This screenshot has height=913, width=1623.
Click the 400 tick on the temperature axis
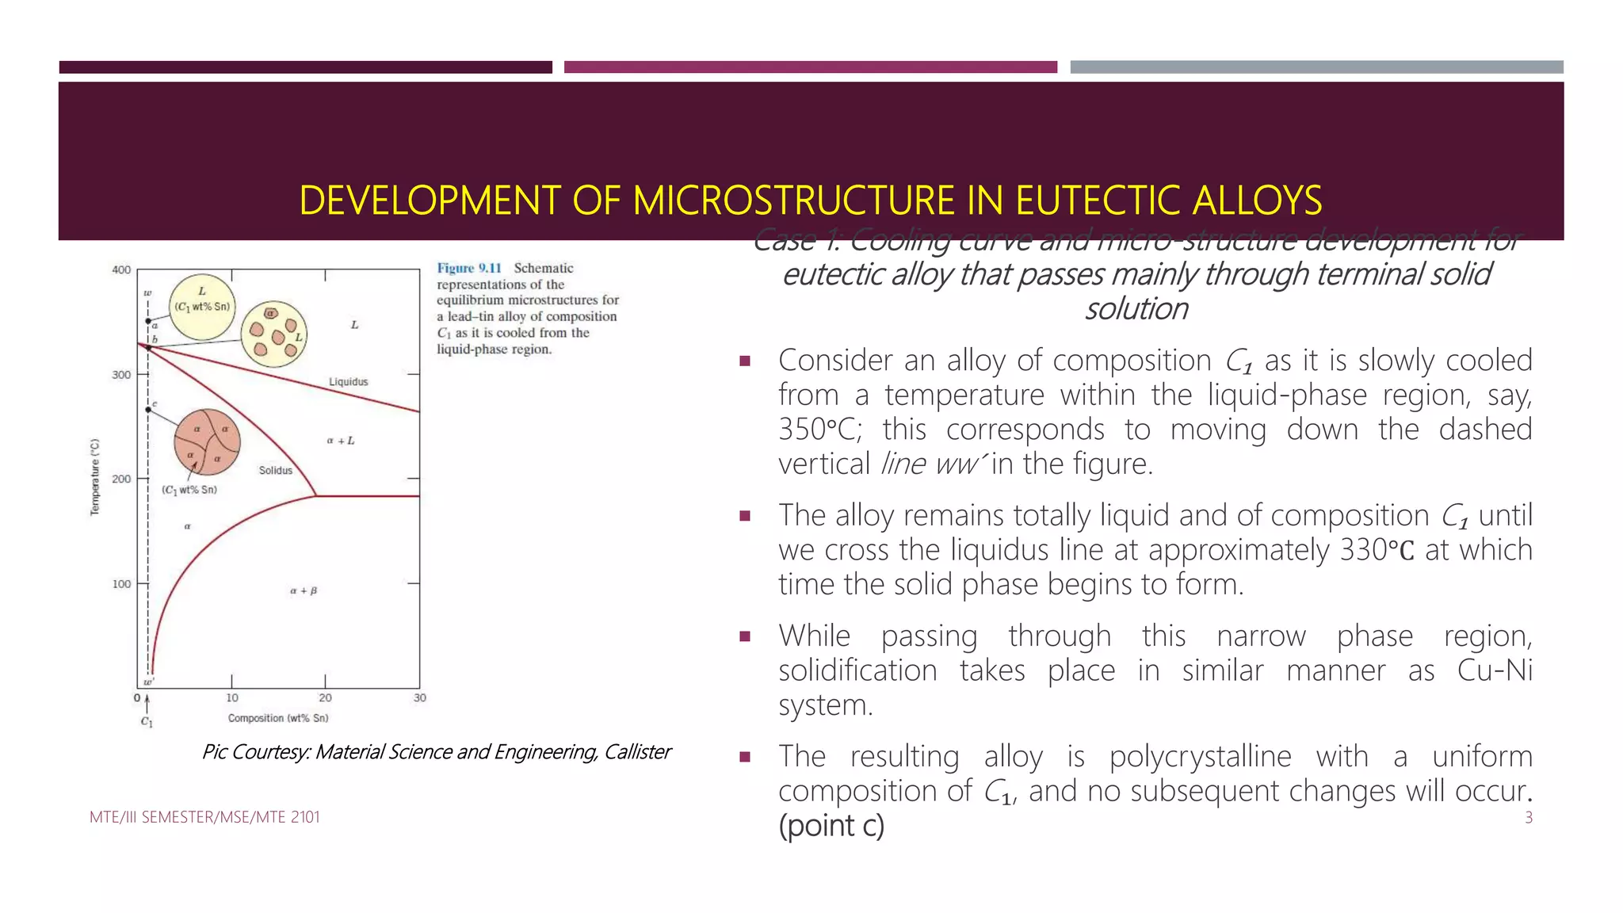click(122, 270)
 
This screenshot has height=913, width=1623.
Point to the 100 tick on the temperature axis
click(122, 584)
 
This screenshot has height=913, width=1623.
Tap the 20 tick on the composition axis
click(325, 697)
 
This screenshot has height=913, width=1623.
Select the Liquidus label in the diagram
click(349, 382)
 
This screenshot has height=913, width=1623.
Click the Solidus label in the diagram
click(276, 471)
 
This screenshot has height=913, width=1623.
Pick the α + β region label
click(304, 590)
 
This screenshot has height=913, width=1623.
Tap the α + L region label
click(341, 441)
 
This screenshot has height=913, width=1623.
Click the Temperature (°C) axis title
click(95, 477)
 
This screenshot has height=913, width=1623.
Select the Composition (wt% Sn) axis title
click(278, 718)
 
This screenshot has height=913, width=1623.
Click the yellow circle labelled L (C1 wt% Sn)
click(202, 307)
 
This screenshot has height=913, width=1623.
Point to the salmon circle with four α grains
click(207, 442)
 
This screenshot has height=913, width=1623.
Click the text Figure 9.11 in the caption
click(469, 269)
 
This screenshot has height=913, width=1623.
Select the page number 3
click(1529, 818)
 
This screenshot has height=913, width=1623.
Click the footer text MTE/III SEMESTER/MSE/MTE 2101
click(204, 817)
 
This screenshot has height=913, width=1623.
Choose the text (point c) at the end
click(831, 826)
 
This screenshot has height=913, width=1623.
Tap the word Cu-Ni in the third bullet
click(1495, 670)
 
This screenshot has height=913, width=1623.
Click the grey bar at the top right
click(1316, 67)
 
